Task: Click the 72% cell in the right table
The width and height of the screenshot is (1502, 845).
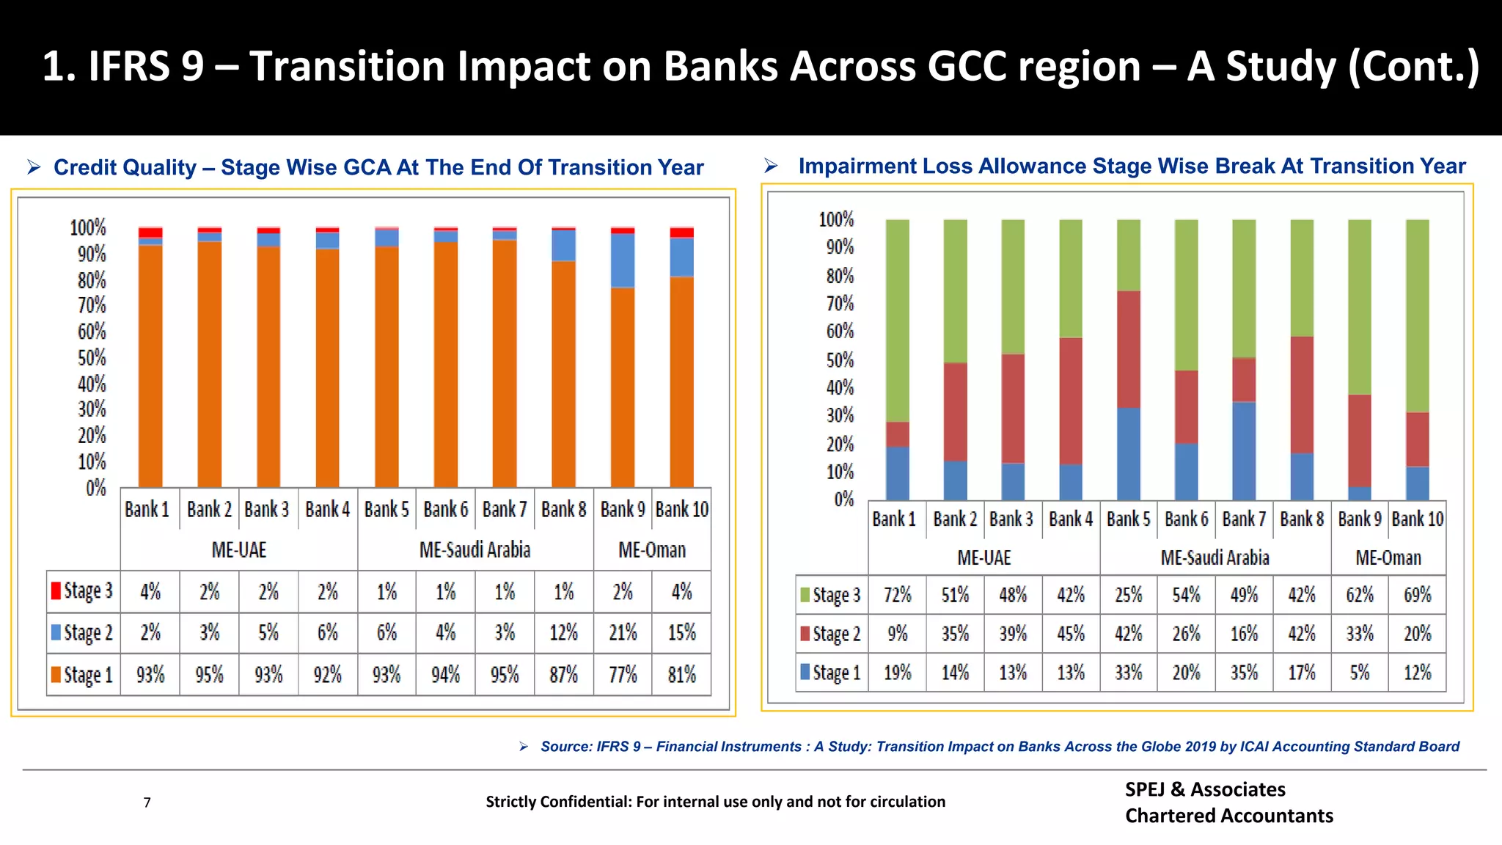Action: click(x=897, y=595)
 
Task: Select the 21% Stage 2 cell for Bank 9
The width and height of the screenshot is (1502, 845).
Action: click(x=623, y=632)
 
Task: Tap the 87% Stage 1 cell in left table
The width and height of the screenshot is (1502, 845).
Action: click(x=563, y=674)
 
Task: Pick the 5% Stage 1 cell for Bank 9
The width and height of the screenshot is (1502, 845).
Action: click(x=1359, y=673)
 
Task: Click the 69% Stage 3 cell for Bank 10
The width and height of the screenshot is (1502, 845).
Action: click(x=1417, y=595)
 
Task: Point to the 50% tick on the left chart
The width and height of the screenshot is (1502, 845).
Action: click(x=92, y=358)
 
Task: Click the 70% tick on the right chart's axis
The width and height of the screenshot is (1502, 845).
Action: click(x=840, y=304)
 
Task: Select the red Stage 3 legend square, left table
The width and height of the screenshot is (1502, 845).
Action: click(x=56, y=590)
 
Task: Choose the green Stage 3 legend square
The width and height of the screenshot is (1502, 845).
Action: click(x=805, y=594)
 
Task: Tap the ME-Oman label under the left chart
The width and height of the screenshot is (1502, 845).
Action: click(x=652, y=550)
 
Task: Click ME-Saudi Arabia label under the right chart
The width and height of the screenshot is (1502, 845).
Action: click(x=1215, y=558)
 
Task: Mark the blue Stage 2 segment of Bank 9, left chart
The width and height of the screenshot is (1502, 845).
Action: click(x=623, y=260)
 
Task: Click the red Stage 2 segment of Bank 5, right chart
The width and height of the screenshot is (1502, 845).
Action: click(x=1129, y=349)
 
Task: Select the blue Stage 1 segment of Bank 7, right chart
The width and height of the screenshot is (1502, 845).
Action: click(x=1244, y=450)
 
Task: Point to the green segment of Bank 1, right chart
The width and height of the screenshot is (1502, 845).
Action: click(x=897, y=320)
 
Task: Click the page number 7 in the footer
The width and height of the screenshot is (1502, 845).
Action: click(x=147, y=802)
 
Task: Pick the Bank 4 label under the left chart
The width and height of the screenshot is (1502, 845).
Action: click(x=327, y=509)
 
